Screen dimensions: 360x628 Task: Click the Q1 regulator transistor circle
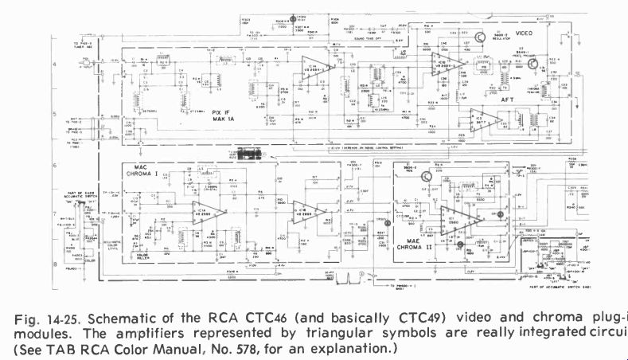(x=481, y=37)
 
